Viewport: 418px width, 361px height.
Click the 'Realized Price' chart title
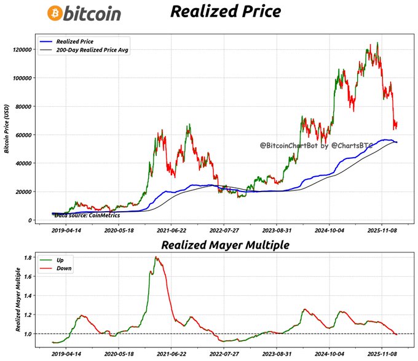point(225,12)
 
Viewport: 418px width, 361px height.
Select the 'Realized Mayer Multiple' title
point(224,245)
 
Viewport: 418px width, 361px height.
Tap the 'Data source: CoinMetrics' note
point(87,215)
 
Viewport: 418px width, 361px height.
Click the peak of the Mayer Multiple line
point(156,257)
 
